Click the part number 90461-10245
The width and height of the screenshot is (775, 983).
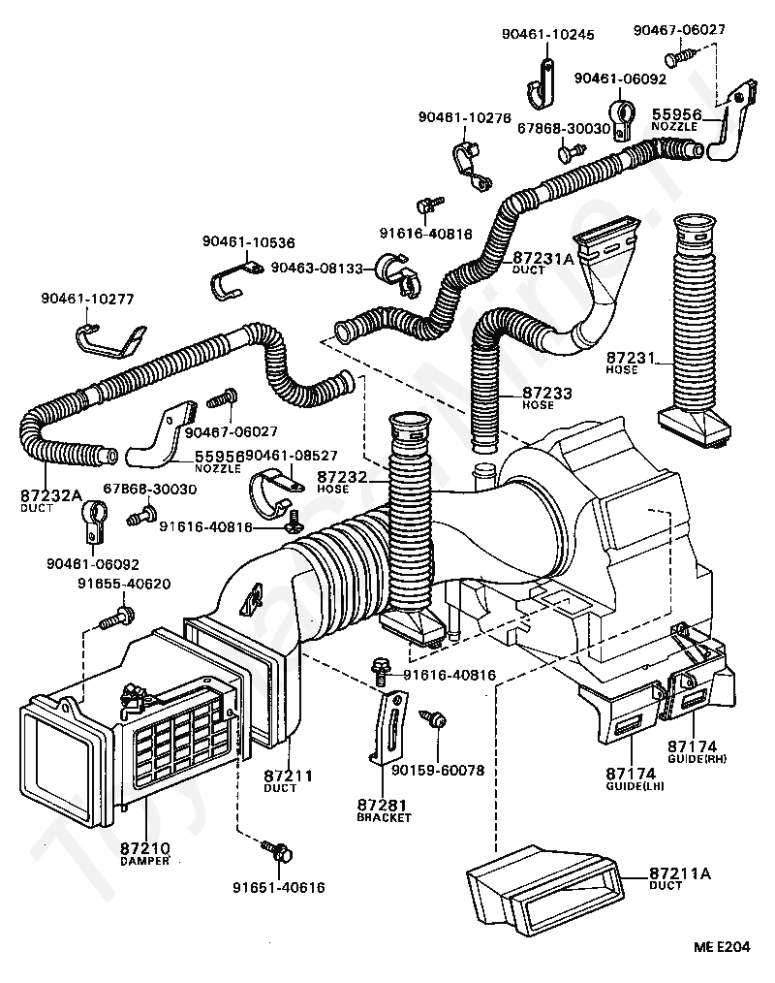(x=547, y=34)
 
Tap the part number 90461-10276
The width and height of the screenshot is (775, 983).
(x=464, y=117)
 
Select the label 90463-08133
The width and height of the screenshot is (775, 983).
(x=316, y=267)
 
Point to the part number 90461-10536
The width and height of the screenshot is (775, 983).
(x=249, y=241)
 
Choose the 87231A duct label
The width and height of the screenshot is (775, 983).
(x=542, y=258)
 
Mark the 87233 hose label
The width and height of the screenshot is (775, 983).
(x=547, y=394)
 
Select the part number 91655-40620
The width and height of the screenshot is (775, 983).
(x=124, y=585)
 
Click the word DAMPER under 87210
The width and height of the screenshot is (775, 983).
(x=145, y=861)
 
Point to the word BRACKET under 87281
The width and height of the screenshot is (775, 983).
(x=385, y=817)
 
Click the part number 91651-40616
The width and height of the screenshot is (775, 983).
(x=278, y=887)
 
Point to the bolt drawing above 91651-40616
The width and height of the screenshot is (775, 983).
(x=279, y=852)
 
